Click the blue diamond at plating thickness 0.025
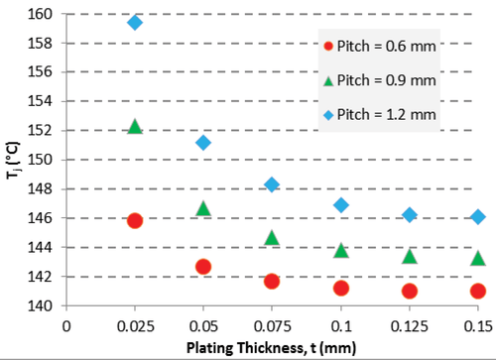click(x=135, y=23)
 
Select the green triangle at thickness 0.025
click(x=135, y=127)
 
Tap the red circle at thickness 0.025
click(x=135, y=220)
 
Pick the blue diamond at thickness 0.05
click(x=203, y=143)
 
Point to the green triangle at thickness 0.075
click(x=272, y=238)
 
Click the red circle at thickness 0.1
click(x=341, y=289)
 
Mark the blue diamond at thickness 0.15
click(x=478, y=217)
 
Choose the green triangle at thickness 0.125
click(x=410, y=256)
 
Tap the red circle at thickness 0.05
click(x=203, y=267)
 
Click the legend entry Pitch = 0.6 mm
click(x=380, y=46)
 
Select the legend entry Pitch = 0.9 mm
click(x=380, y=80)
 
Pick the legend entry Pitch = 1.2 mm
click(x=380, y=115)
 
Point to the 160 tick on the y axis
click(x=40, y=14)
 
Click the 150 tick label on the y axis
click(x=40, y=160)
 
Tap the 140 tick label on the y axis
click(x=40, y=305)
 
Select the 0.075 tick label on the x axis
click(x=272, y=326)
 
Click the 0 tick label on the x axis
click(x=66, y=326)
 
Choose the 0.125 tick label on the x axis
click(x=410, y=326)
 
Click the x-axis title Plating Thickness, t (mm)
click(x=271, y=348)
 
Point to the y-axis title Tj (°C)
click(x=13, y=161)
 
